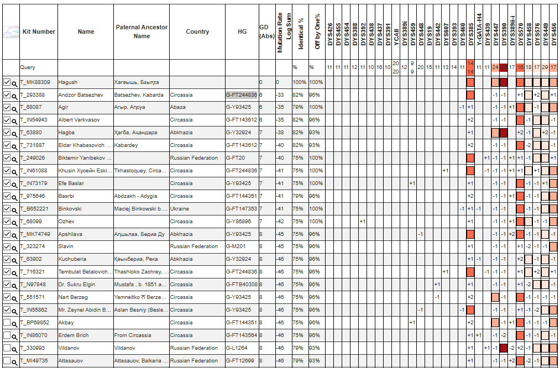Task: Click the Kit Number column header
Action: tap(39, 31)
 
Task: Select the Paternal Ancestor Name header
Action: tap(142, 31)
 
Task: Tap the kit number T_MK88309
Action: tap(35, 82)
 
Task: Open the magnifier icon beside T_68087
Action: tap(15, 108)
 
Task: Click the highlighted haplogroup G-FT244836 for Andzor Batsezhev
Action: tap(241, 95)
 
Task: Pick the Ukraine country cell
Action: tap(180, 209)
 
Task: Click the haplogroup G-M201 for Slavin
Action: tap(235, 246)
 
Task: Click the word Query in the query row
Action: tap(28, 67)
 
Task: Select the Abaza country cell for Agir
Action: tap(179, 107)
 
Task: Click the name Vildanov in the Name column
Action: tap(69, 348)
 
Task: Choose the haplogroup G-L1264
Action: tap(237, 348)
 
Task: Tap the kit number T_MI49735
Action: tap(35, 361)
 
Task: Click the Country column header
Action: tap(197, 31)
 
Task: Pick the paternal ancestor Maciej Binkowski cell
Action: tap(140, 209)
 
